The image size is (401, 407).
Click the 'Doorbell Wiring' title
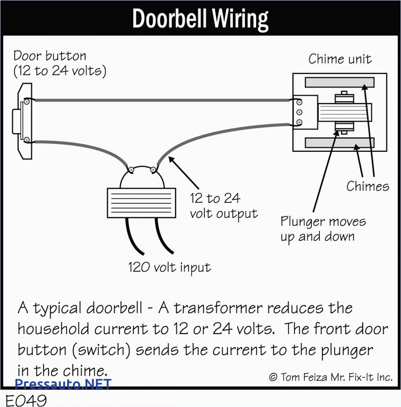pos(200,19)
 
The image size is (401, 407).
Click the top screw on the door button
pos(26,102)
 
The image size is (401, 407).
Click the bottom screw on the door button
pos(26,140)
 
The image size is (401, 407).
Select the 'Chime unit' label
pos(340,59)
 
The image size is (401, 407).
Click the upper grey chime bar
pos(339,82)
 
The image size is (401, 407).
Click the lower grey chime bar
pos(339,142)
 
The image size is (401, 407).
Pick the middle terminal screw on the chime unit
pos(299,112)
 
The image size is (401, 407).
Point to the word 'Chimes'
pos(367,186)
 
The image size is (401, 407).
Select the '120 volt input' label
pos(169,267)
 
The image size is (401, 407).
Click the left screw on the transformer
pos(130,170)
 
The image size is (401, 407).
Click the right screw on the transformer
pos(153,170)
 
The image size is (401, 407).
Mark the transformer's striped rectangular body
pos(141,203)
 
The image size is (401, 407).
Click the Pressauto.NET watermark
pos(63,384)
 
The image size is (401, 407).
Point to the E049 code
pos(26,399)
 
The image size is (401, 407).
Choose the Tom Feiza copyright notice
pos(330,377)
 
